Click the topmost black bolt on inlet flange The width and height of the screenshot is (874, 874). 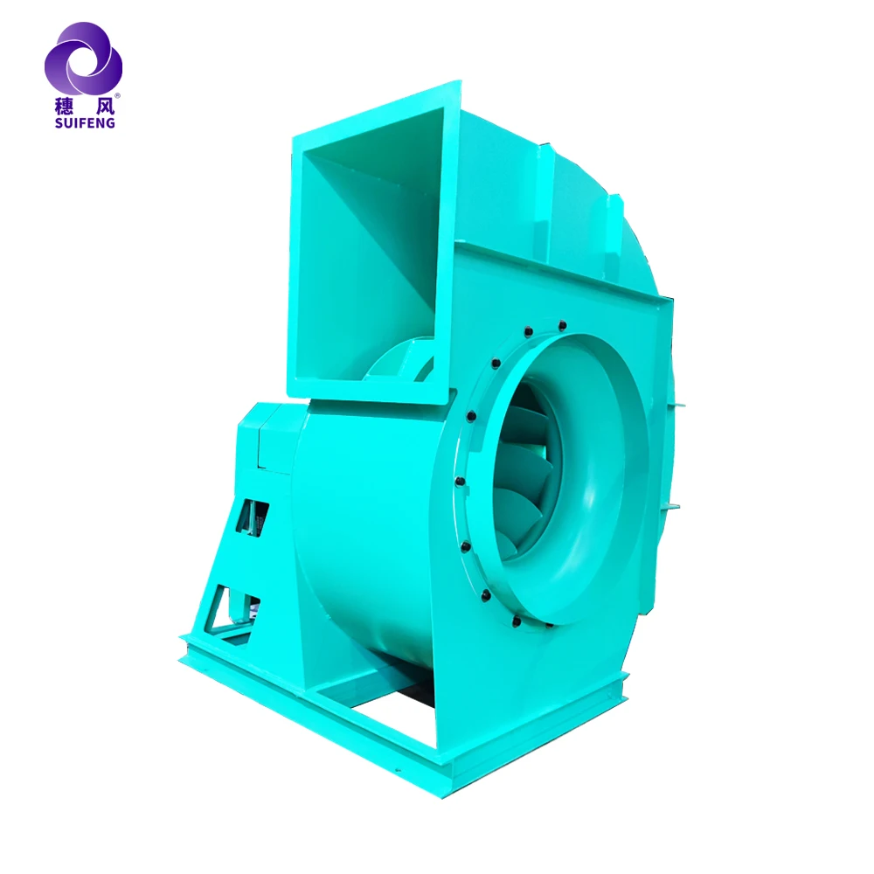[562, 325]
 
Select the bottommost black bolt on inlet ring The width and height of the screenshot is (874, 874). [516, 622]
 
